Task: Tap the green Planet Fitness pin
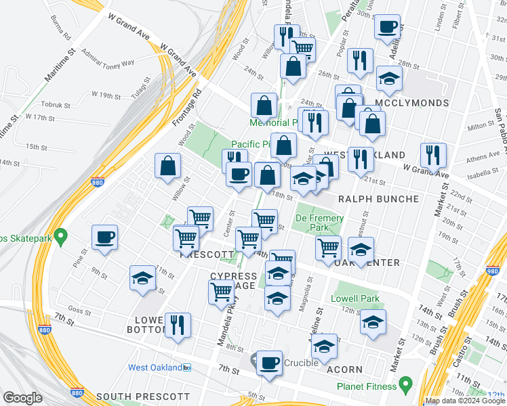[406, 386]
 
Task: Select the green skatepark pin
[60, 237]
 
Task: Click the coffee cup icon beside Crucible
[270, 362]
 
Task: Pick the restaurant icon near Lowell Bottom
[178, 325]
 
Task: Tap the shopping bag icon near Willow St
[167, 166]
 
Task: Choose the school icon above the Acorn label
[325, 346]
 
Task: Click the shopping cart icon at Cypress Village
[222, 292]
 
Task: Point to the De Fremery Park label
[319, 223]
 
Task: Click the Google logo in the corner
[22, 398]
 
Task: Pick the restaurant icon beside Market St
[432, 155]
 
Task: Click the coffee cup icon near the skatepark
[105, 238]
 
